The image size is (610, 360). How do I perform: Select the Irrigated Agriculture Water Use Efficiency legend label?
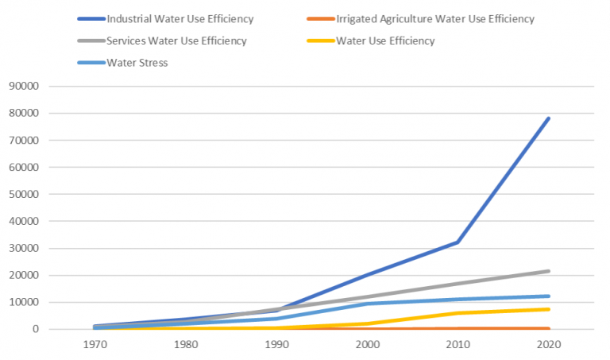(x=434, y=18)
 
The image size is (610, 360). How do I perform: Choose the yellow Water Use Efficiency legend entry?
(x=385, y=41)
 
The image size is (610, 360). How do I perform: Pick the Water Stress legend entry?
(x=137, y=63)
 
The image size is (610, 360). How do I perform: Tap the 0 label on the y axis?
(x=37, y=329)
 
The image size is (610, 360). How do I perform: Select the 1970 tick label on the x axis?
(x=95, y=347)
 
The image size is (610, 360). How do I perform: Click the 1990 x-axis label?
(x=276, y=347)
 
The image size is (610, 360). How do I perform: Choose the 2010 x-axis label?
(x=457, y=347)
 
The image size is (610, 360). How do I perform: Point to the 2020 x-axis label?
(x=548, y=347)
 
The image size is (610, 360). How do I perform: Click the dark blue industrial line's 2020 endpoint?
(x=548, y=118)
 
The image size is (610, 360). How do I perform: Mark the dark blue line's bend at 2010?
(x=457, y=242)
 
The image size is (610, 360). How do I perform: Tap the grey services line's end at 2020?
(x=548, y=271)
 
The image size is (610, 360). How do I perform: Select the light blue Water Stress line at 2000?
(x=367, y=304)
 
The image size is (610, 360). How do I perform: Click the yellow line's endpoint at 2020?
(x=548, y=309)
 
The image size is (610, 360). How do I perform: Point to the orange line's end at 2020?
(x=548, y=328)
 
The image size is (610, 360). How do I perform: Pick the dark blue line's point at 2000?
(x=367, y=274)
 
